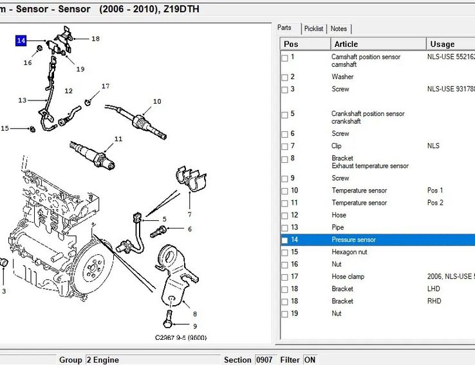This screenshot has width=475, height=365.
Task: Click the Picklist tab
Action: pos(314,29)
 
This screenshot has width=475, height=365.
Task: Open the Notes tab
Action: pos(339,29)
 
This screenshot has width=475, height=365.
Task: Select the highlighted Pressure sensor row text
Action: pos(353,240)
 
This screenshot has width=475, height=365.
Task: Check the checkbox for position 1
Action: pos(284,57)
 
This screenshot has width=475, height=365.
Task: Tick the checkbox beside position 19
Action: pos(284,314)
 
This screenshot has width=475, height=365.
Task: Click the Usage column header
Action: pos(442,44)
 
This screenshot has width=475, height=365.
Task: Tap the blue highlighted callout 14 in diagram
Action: pos(21,41)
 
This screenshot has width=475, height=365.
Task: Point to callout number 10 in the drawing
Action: pos(157,102)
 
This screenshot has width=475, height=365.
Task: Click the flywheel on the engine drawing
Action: pos(95,264)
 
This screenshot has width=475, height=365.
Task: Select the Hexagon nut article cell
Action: pos(349,252)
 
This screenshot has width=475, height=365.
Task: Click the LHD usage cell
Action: pos(434,289)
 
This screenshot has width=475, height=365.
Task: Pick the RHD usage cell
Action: pos(434,301)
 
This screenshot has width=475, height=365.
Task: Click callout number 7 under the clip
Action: pos(189,214)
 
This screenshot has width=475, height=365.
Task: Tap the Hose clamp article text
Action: pos(348,277)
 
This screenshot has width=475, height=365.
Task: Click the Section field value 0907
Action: pos(265,360)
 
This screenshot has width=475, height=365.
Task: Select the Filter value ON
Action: pos(310,360)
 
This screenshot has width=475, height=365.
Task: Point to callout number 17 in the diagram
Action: pos(106,86)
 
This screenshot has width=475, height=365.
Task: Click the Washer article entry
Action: pos(342,77)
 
